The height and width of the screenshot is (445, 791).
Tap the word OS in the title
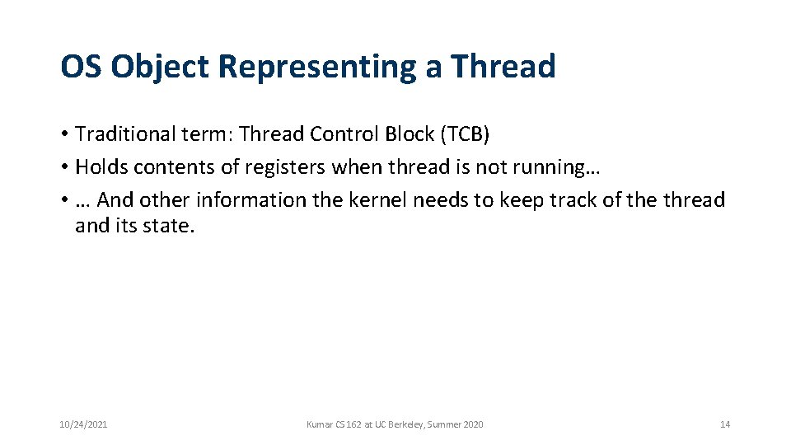coord(81,67)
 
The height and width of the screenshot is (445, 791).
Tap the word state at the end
coord(170,225)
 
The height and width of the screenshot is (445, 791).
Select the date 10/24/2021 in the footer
coord(83,424)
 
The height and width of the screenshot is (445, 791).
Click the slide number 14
coord(725,424)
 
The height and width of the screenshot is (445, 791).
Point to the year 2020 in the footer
coord(474,424)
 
